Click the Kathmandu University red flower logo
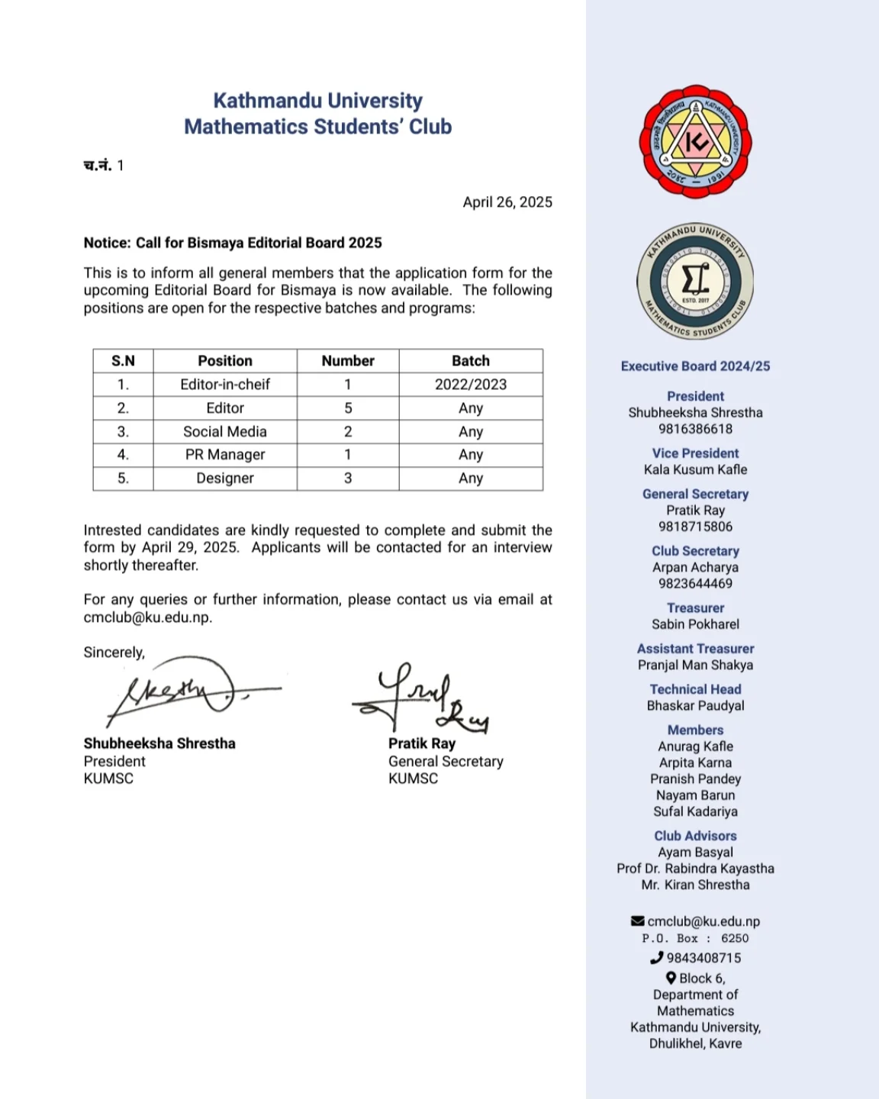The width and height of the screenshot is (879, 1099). [695, 142]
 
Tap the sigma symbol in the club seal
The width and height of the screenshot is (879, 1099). [695, 280]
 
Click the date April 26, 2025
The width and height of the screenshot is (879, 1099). [507, 202]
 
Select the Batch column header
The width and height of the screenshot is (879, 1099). [471, 361]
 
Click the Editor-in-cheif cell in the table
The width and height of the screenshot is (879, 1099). [225, 385]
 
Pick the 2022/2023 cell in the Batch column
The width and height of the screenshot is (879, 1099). [471, 385]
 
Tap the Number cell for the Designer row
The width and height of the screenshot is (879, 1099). [348, 479]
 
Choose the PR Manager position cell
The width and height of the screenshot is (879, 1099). [225, 455]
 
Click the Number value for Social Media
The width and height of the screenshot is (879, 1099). [348, 432]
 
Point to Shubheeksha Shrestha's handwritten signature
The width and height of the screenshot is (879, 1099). [183, 688]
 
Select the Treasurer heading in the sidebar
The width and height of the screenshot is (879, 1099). [695, 608]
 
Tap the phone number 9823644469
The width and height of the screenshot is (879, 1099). [695, 584]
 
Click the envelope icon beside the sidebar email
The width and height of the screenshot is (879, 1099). [638, 921]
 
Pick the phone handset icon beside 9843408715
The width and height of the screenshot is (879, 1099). [657, 958]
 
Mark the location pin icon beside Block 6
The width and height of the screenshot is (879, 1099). [671, 978]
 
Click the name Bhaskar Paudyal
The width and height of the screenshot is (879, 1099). [695, 706]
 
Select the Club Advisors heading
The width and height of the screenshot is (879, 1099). [695, 836]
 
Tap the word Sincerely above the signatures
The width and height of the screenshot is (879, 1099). [114, 653]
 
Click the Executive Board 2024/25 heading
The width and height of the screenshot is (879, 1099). [695, 366]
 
